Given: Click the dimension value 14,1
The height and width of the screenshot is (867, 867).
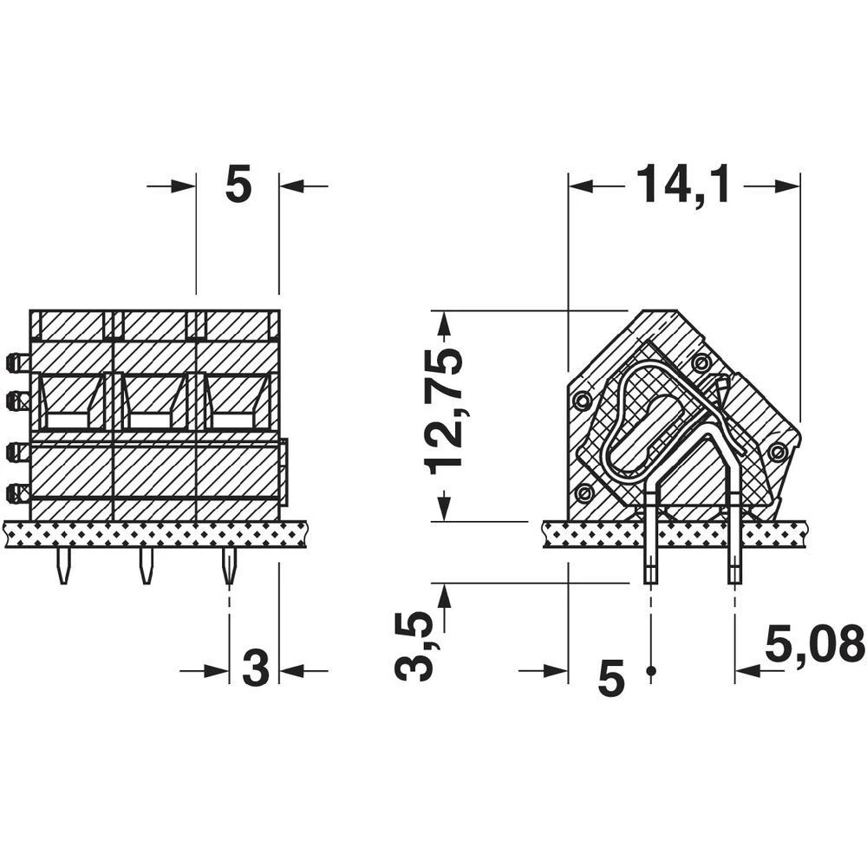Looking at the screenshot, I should (x=683, y=185).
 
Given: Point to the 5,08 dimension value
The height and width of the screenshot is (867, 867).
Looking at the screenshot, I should (x=815, y=643).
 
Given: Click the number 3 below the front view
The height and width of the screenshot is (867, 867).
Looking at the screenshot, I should (x=255, y=669).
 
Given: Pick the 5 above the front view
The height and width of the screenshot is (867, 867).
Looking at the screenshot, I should (x=238, y=186).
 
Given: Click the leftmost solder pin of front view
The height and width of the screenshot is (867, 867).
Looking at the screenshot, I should (x=62, y=566).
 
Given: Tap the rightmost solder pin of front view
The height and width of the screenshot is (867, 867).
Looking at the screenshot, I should (x=228, y=566).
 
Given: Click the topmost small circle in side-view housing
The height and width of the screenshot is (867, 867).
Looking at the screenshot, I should (x=701, y=362).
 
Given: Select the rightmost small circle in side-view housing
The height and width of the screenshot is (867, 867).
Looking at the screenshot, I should (x=778, y=451).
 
